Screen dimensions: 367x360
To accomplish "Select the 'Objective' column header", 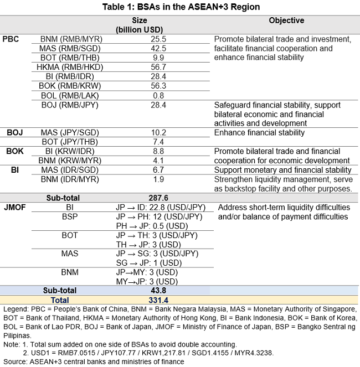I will tap(286, 20).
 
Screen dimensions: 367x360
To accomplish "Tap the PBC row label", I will tap(12, 39).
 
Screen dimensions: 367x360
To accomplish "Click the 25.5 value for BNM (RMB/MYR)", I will tap(158, 39).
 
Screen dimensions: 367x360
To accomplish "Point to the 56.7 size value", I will tap(158, 67).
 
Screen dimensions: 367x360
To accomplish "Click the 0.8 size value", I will tap(158, 95).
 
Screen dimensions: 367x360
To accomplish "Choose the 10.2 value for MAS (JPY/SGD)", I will tap(158, 132).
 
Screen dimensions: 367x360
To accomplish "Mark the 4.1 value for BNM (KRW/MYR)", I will tap(158, 161).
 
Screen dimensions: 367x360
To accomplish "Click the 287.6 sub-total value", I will tap(158, 198).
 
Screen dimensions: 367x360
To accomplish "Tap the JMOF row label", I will tap(14, 207).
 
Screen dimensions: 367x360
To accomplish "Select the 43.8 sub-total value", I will tap(158, 290).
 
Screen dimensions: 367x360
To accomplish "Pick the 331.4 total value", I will tap(158, 299).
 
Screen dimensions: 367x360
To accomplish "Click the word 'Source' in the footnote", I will tap(14, 361).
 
